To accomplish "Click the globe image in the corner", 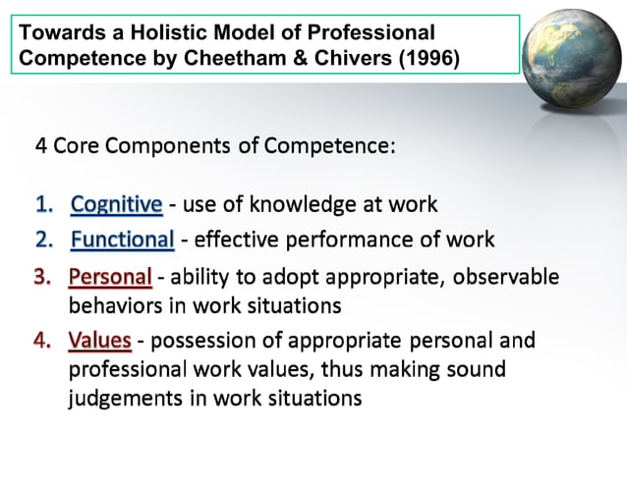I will point(572,54).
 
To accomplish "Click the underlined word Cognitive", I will point(117,204).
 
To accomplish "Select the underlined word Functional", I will point(123,240).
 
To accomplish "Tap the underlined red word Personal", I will point(110,277).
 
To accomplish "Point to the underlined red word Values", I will point(100,341).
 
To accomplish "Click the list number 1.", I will point(43,204).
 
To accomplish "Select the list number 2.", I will point(43,240).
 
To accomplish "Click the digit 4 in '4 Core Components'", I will point(41,145).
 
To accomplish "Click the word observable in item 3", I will point(511,277).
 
